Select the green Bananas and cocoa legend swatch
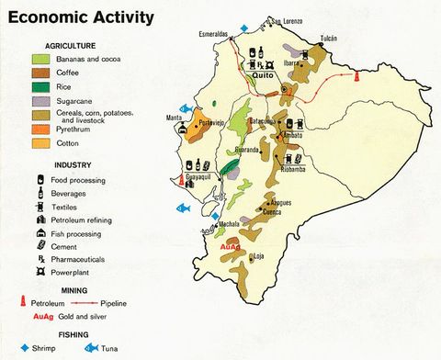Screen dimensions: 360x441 pos(41,60)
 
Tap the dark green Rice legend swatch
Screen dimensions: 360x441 pos(41,86)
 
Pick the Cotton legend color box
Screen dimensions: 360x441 pos(41,143)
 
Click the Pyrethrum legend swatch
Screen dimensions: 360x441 pos(41,130)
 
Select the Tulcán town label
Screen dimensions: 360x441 pos(328,38)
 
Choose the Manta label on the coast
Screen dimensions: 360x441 pos(174,118)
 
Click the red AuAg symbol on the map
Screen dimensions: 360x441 pos(230,248)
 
